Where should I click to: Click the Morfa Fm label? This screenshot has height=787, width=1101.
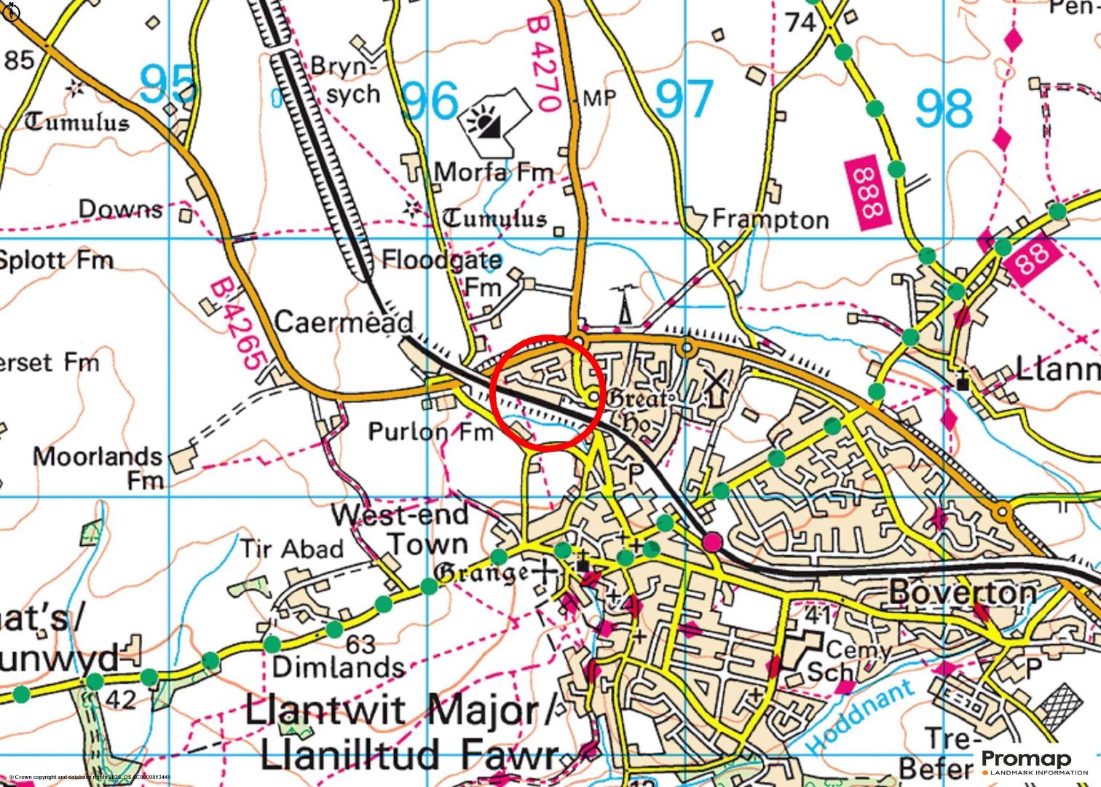[x=494, y=173]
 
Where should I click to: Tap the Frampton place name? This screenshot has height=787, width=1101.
[x=770, y=219]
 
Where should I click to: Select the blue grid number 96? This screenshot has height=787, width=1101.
[x=430, y=101]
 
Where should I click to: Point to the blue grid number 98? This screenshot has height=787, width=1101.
[x=943, y=108]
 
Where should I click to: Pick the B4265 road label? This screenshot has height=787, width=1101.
[x=237, y=324]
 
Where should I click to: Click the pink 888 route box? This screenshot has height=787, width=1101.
[x=867, y=194]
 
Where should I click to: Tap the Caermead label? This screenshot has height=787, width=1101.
[x=344, y=322]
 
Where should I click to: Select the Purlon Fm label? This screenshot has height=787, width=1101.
[x=430, y=432]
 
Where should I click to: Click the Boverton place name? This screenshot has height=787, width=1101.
[x=962, y=592]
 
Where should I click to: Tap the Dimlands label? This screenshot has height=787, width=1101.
[x=338, y=667]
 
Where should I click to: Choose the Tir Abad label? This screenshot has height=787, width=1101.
[x=291, y=549]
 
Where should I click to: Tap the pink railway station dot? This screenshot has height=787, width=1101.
[x=712, y=541]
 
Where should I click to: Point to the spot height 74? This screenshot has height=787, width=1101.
[x=800, y=23]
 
